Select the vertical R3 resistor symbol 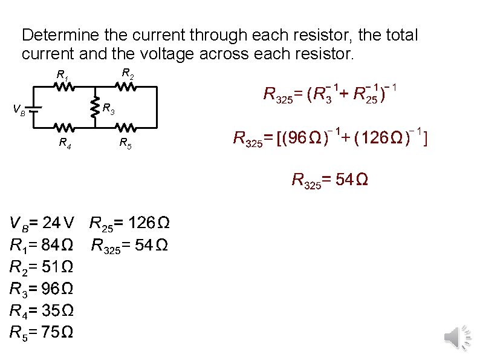click(95, 108)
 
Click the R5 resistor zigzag click(126, 128)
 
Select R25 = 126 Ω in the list click(129, 224)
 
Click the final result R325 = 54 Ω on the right click(330, 180)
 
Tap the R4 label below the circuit click(63, 143)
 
